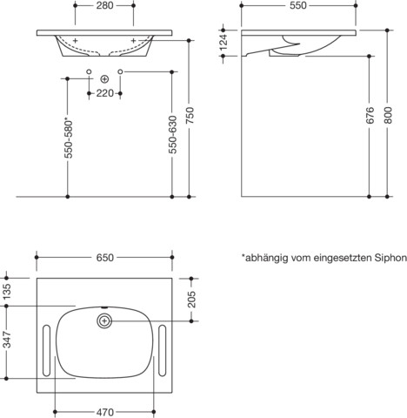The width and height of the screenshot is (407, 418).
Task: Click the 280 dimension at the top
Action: pyautogui.click(x=103, y=7)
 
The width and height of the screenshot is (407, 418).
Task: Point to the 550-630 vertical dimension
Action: pyautogui.click(x=171, y=138)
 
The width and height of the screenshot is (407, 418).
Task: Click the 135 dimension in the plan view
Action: pyautogui.click(x=7, y=290)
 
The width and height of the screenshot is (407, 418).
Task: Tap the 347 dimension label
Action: pyautogui.click(x=7, y=341)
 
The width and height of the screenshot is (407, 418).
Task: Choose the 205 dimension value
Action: pyautogui.click(x=193, y=300)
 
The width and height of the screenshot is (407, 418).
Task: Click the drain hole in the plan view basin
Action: pyautogui.click(x=104, y=320)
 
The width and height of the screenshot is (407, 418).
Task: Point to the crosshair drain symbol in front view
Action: pyautogui.click(x=104, y=79)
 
